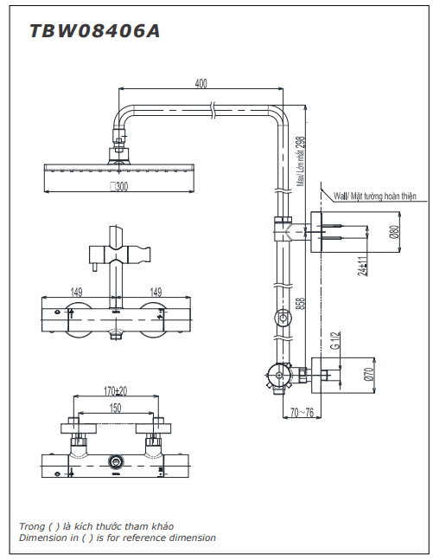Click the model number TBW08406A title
pos(95,31)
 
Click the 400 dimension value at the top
pos(201,83)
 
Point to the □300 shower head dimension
pos(118,186)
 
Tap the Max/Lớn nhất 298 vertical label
pos(302,161)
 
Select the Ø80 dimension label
pos(394,232)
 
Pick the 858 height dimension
pos(302,303)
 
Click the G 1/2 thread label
pos(335,340)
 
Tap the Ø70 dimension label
pos(369,375)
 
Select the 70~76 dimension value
pos(302,413)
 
